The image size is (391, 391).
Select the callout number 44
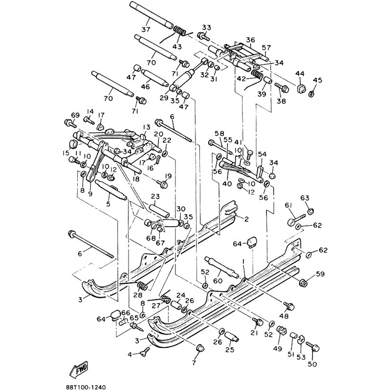click(300, 74)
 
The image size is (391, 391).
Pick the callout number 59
click(320, 274)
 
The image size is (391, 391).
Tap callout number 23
click(155, 196)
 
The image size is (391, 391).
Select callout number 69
click(75, 115)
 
